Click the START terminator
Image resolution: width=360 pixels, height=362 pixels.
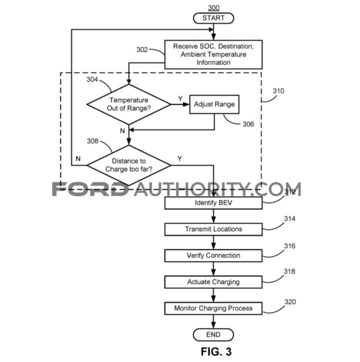[213, 18]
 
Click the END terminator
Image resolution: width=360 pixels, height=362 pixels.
[213, 335]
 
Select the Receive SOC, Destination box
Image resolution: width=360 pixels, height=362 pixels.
[213, 54]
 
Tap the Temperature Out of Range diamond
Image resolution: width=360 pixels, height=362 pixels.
[129, 104]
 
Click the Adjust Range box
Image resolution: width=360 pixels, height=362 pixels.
[214, 104]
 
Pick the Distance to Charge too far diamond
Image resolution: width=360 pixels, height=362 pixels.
[129, 165]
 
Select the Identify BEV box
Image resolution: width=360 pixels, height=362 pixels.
[213, 203]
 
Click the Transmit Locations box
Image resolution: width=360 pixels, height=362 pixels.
[213, 229]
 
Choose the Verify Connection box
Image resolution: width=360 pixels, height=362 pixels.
[213, 256]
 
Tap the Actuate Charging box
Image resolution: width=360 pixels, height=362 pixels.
[213, 282]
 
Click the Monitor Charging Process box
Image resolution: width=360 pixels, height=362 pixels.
[213, 309]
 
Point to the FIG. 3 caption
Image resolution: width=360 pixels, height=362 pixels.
[216, 352]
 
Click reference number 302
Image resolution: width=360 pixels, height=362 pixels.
[142, 49]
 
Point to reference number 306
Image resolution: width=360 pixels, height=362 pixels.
[248, 124]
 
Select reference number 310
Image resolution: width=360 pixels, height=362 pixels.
[278, 91]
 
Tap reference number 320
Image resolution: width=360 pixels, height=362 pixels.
[290, 302]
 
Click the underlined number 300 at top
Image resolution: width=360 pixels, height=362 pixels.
[213, 8]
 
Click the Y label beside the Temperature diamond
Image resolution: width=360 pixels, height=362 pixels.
[180, 99]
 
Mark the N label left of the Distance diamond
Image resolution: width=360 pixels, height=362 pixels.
[78, 159]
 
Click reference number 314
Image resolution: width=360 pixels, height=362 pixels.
[289, 219]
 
